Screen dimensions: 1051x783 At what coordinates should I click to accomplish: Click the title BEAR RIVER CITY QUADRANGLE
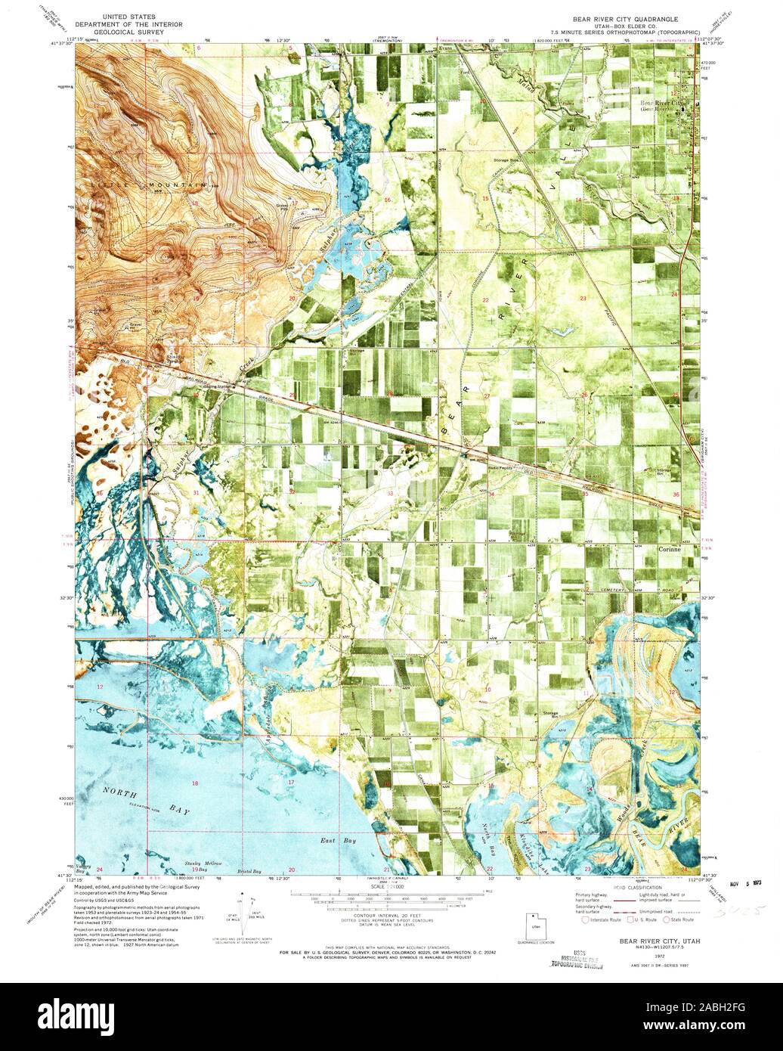pos(619,17)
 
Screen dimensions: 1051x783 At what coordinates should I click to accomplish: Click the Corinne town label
pos(672,550)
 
